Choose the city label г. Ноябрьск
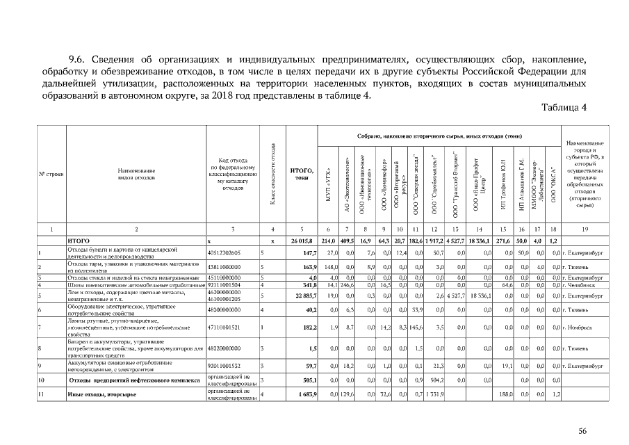tap(581, 328)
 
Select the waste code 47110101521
tap(224, 328)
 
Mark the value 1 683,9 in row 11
tap(305, 395)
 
